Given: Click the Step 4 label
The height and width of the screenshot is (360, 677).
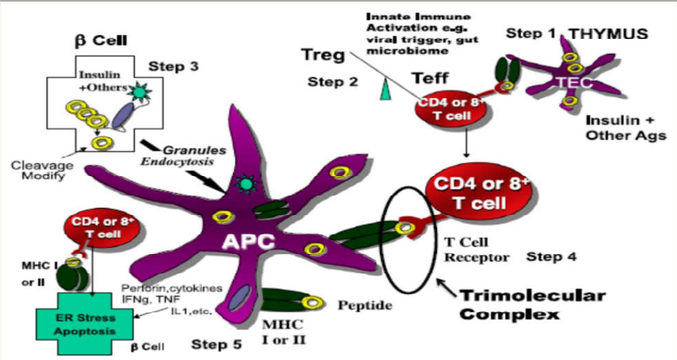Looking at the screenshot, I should pos(553,256).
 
